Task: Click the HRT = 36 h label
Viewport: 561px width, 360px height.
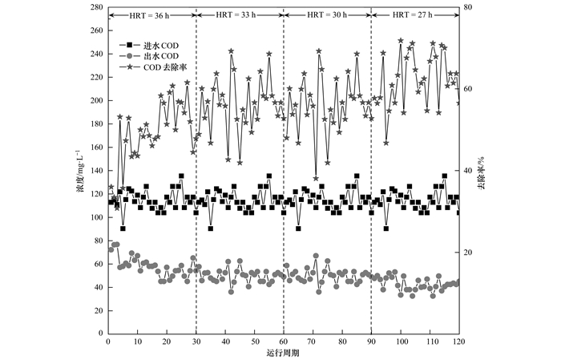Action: [x=152, y=15]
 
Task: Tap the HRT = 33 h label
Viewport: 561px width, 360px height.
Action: [x=240, y=15]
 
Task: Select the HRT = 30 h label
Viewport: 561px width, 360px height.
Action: [x=327, y=15]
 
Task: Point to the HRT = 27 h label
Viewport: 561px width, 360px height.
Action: [x=414, y=15]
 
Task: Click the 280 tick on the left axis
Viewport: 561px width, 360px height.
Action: [x=95, y=7]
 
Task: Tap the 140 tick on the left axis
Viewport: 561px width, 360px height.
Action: [x=95, y=170]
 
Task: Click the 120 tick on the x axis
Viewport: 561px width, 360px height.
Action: [x=458, y=342]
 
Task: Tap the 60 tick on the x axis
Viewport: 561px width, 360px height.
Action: [x=284, y=342]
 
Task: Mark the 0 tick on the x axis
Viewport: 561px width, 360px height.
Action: [x=109, y=342]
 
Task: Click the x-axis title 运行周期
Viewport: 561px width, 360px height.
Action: [x=283, y=354]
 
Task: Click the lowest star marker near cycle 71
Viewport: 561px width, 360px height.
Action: [x=316, y=178]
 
